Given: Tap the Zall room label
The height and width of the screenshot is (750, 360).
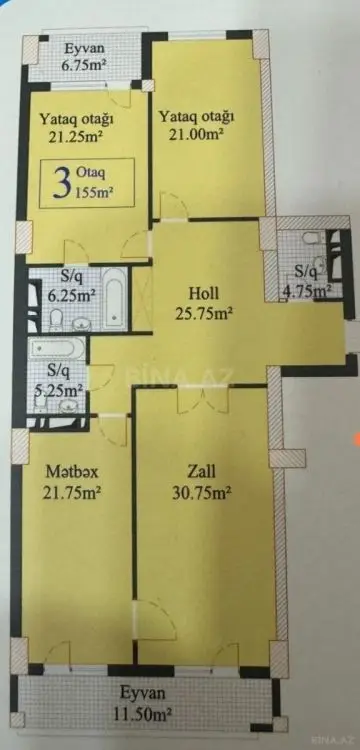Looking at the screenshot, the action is (x=202, y=471).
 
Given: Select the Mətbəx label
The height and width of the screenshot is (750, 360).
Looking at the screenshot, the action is (x=73, y=472).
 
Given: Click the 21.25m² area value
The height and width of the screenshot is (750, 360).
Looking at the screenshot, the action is (x=76, y=137).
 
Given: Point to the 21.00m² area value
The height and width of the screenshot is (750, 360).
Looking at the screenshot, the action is (x=196, y=135).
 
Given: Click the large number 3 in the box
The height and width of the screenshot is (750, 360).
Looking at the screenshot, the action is (x=62, y=183).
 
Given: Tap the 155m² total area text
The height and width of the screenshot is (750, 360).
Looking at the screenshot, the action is (x=94, y=192).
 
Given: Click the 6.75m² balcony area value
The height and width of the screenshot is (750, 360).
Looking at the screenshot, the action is (x=83, y=65).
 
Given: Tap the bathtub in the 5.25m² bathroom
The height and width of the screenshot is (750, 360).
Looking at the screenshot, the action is (x=56, y=347).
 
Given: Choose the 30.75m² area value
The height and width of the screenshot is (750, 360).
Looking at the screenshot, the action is (x=202, y=492).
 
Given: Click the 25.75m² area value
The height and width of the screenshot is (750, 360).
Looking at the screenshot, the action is (x=204, y=313).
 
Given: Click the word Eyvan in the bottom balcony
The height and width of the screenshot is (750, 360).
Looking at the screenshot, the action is (x=142, y=693).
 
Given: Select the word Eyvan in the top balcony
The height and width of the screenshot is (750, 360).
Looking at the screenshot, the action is (x=84, y=48).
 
